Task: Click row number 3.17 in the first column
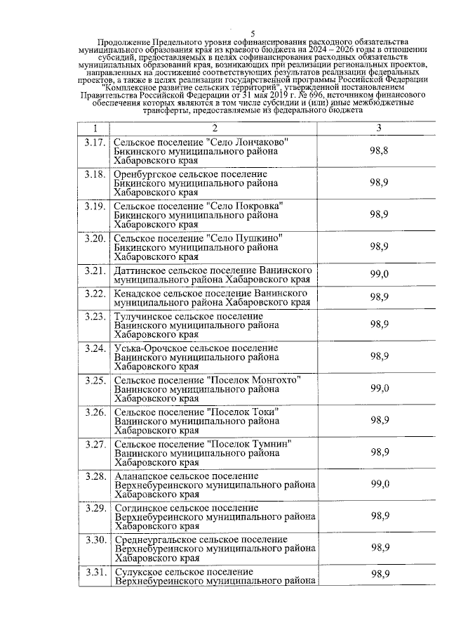pyautogui.click(x=94, y=143)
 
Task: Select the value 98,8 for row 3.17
pyautogui.click(x=380, y=151)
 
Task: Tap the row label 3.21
pyautogui.click(x=94, y=270)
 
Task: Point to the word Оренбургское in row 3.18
pyautogui.click(x=145, y=174)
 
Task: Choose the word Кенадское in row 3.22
pyautogui.click(x=137, y=292)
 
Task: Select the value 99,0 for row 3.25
pyautogui.click(x=380, y=388)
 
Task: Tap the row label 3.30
pyautogui.click(x=94, y=539)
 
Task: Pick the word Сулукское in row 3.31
pyautogui.click(x=138, y=572)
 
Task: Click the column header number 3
pyautogui.click(x=379, y=128)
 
